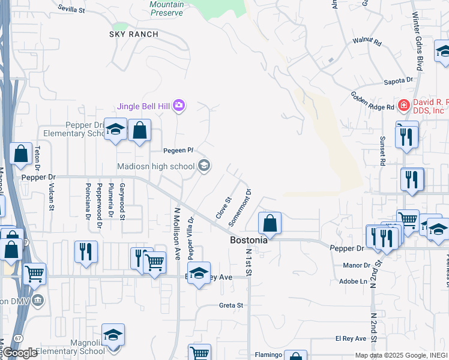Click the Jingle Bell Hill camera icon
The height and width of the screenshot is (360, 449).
179,107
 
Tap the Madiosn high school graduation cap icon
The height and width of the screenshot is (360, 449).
204,166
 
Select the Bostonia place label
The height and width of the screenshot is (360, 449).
249,240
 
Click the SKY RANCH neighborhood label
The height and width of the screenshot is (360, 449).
134,34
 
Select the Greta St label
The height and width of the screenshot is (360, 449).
231,305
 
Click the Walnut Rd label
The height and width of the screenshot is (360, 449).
367,42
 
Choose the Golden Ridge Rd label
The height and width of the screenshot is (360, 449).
372,101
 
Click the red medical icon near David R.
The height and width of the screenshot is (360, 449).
404,105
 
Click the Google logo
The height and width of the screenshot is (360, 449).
19,353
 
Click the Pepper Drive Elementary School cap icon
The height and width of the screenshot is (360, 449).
115,129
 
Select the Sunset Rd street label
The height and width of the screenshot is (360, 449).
382,150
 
